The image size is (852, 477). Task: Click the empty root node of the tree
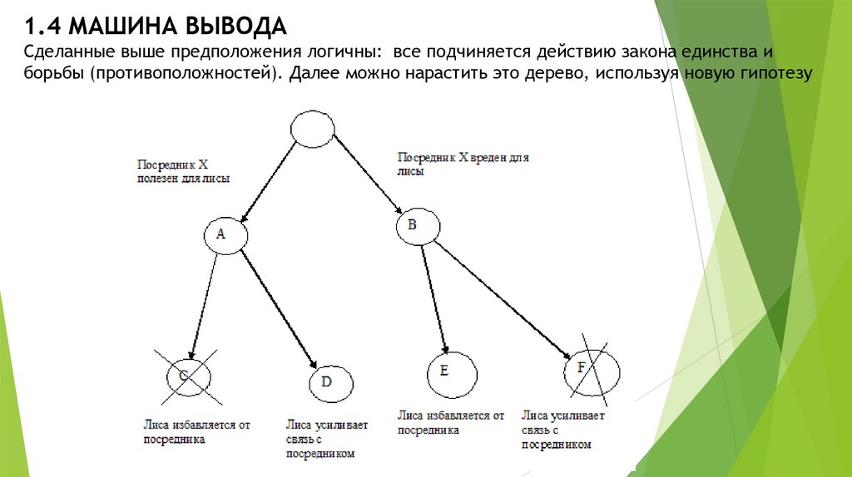[x=313, y=130]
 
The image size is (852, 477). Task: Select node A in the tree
[x=222, y=234]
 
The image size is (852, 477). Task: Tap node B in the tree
[x=414, y=226]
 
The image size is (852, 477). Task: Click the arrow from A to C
[x=204, y=303]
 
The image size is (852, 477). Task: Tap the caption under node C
[x=196, y=432]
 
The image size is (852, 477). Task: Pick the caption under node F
[x=564, y=430]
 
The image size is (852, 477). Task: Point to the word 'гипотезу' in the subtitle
[x=772, y=74]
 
